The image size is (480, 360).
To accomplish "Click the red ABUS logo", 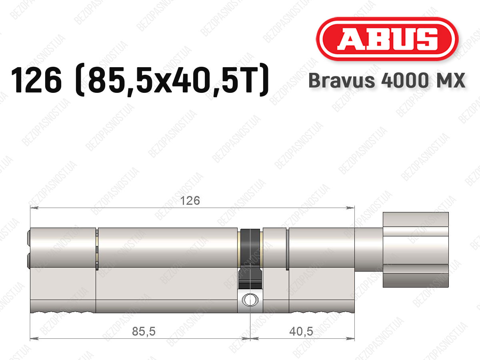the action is pyautogui.click(x=387, y=39).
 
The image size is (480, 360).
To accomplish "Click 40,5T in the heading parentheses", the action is pyautogui.click(x=212, y=80).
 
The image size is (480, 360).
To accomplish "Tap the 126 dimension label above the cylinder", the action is pyautogui.click(x=190, y=201).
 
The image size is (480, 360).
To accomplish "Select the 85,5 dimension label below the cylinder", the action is pyautogui.click(x=144, y=331).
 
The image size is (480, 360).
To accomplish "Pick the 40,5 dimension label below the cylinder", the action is pyautogui.click(x=301, y=331).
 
